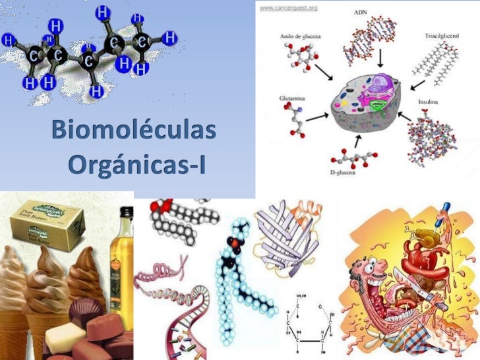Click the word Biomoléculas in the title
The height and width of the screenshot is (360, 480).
135,131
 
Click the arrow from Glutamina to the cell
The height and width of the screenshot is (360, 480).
316,116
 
